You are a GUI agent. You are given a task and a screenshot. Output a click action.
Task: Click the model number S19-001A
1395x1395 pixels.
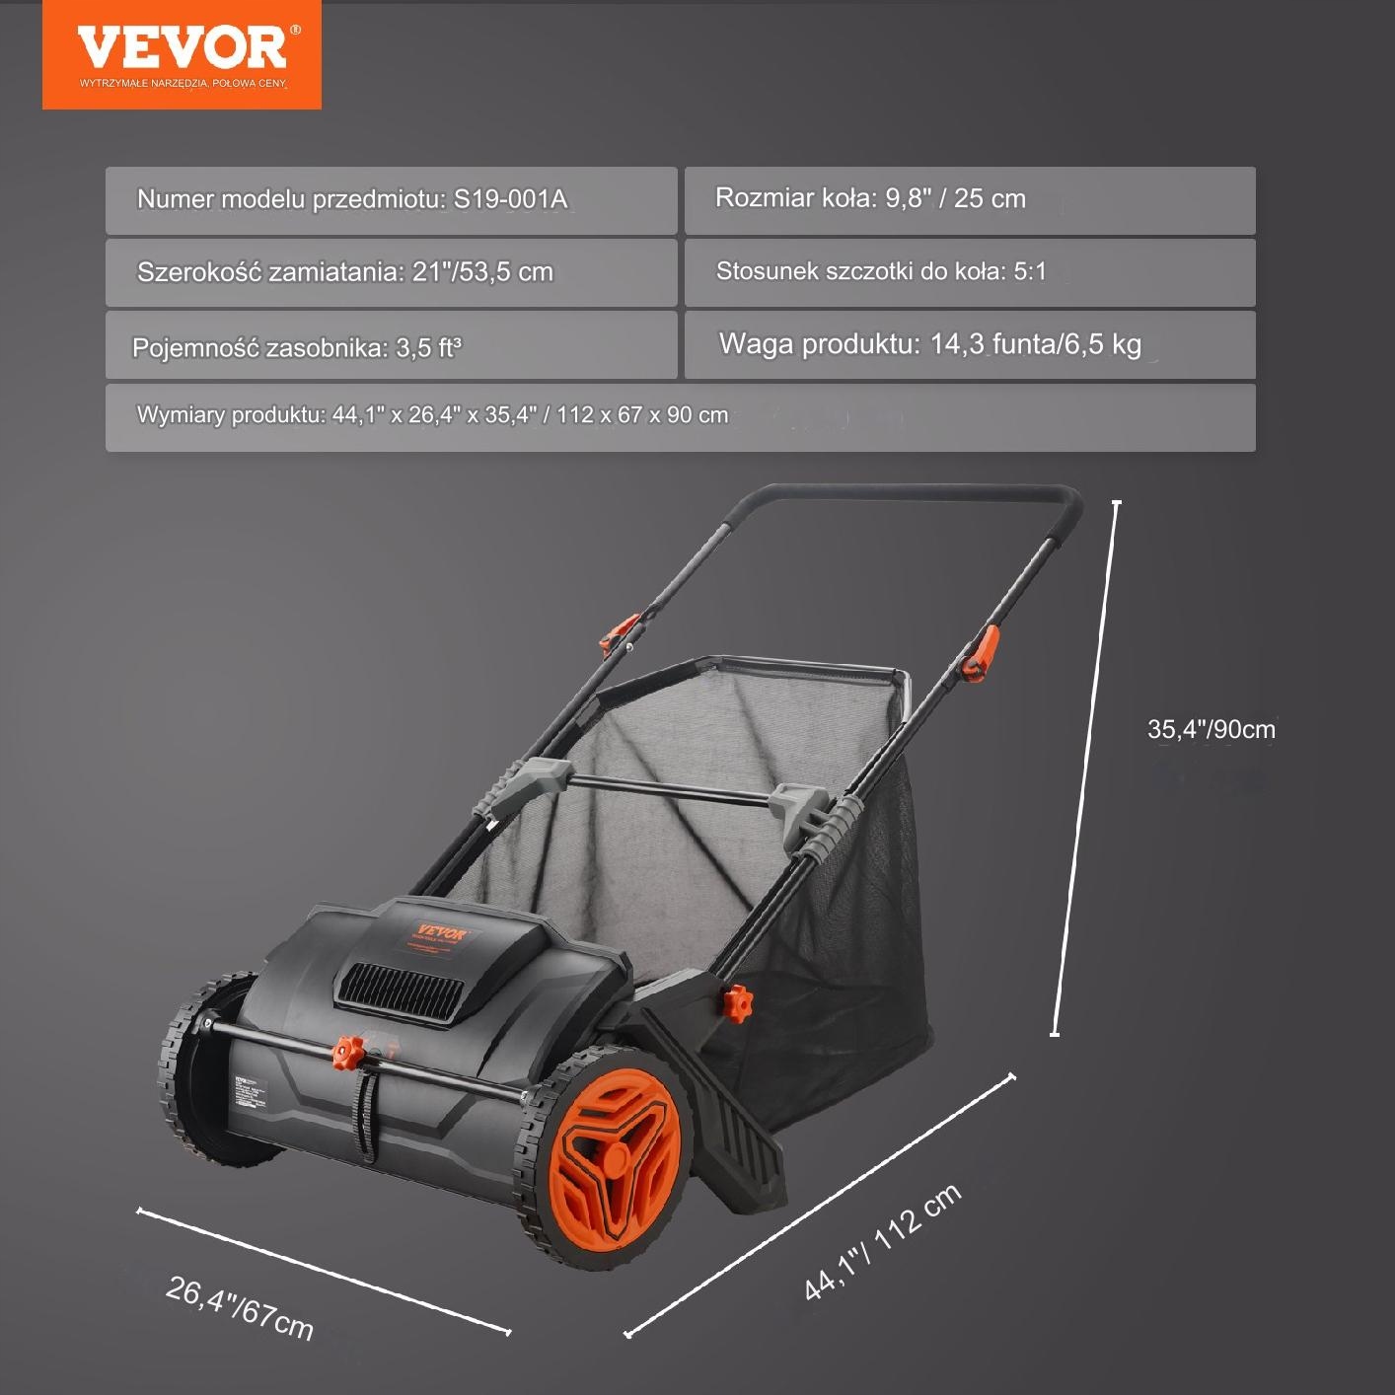coord(510,199)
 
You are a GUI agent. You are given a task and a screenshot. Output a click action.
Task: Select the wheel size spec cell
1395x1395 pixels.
coord(969,200)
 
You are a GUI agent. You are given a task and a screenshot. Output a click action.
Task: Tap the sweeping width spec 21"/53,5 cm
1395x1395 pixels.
coord(482,272)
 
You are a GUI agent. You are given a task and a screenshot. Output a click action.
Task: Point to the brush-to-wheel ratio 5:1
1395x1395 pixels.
coord(1029,271)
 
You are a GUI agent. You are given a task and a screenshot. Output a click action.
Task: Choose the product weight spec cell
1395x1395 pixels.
coord(969,345)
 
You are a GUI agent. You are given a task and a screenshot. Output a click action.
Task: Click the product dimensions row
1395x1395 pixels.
coord(680,417)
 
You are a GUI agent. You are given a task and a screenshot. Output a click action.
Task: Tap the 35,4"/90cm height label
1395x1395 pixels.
coord(1211,729)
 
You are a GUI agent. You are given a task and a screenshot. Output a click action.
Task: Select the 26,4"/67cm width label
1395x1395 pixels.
coord(240,1308)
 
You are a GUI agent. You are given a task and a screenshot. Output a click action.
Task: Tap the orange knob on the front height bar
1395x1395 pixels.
coord(346,1052)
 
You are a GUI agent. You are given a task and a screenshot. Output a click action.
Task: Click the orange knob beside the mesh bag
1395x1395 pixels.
coord(737,1004)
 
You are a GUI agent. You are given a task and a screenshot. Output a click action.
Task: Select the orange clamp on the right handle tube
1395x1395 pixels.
coord(981,653)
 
